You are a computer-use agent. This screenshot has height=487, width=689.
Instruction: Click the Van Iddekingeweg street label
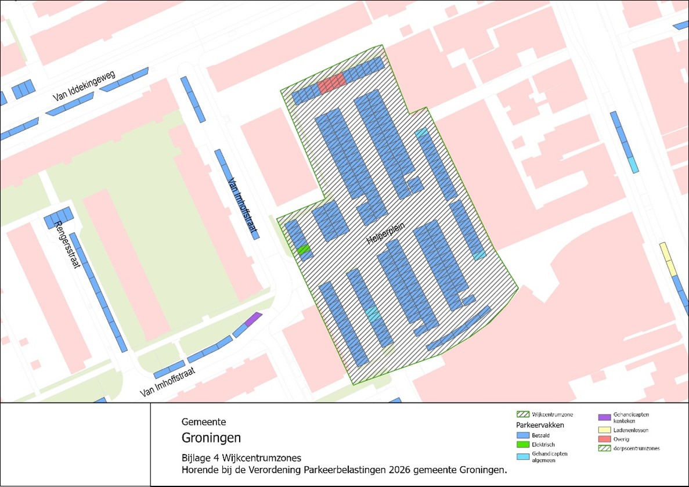(x=84, y=86)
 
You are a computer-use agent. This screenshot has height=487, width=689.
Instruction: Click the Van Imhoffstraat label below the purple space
(x=169, y=382)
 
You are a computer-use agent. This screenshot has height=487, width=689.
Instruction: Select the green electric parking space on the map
(x=304, y=250)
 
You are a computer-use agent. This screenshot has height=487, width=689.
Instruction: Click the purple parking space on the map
(x=253, y=319)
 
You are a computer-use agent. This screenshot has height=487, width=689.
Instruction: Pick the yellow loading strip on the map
(x=668, y=259)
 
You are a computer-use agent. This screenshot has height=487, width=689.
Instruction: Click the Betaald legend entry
(x=540, y=434)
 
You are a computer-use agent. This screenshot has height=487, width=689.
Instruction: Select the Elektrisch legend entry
(x=543, y=444)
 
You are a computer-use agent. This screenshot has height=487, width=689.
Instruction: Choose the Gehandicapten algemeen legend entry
(x=549, y=457)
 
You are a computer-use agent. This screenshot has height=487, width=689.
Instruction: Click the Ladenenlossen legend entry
(x=630, y=430)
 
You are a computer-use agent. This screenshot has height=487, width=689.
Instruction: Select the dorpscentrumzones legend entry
(x=636, y=449)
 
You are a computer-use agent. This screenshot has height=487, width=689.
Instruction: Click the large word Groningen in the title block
(x=211, y=437)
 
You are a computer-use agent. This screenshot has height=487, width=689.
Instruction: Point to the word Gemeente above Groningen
(x=204, y=422)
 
